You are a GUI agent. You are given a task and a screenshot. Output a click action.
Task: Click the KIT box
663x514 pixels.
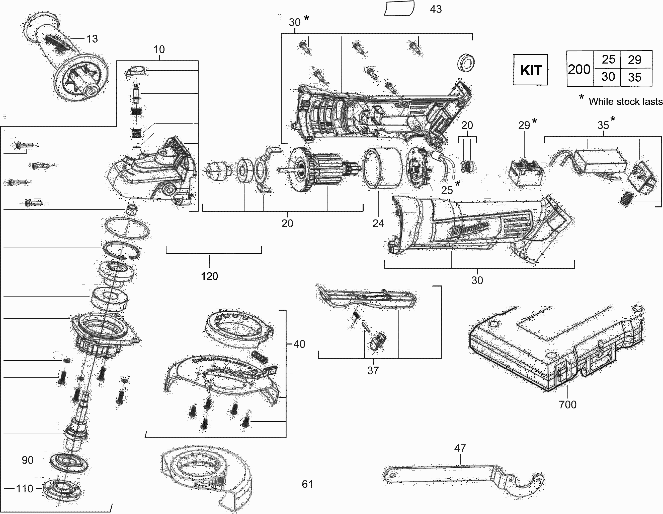(531, 70)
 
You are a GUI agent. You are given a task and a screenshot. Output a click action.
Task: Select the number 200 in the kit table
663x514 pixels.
(579, 70)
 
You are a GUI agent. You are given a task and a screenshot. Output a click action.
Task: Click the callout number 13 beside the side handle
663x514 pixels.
(92, 39)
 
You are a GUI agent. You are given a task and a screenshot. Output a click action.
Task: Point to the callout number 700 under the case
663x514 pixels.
(567, 405)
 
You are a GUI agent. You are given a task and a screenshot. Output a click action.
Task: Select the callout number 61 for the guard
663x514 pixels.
(307, 484)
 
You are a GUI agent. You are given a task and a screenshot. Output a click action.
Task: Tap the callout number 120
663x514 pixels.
(209, 276)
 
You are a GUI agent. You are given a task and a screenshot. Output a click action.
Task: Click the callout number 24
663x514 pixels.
(378, 223)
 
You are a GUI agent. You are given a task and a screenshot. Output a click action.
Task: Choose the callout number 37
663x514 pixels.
(373, 371)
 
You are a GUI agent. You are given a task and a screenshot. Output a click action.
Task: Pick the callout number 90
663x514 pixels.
(28, 460)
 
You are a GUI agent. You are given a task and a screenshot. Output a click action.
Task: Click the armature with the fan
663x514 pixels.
(319, 170)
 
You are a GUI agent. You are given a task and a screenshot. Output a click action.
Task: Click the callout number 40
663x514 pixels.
(299, 344)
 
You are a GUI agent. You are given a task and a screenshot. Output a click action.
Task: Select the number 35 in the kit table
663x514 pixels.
(635, 77)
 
